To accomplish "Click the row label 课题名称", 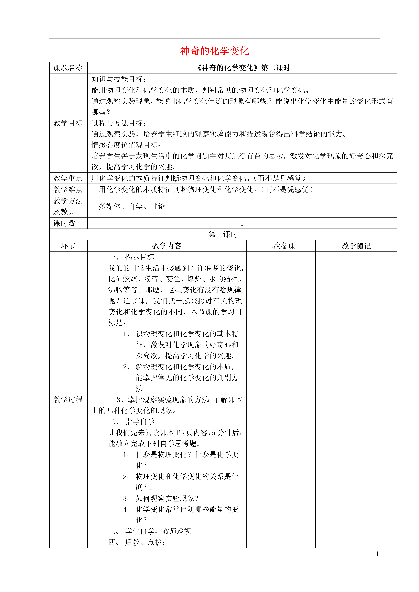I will (x=68, y=68).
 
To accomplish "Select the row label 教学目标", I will (x=68, y=123).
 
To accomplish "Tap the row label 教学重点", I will (x=68, y=178).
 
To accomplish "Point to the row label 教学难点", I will (x=68, y=189).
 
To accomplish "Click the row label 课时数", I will (x=64, y=223).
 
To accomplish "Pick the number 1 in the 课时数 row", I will (x=242, y=223).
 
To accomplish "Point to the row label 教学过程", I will (x=68, y=399).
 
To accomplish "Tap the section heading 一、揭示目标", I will (x=131, y=257).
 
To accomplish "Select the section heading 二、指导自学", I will (x=131, y=422).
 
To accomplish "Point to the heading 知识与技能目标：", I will (x=119, y=79).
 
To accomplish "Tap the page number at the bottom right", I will (x=377, y=554).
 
